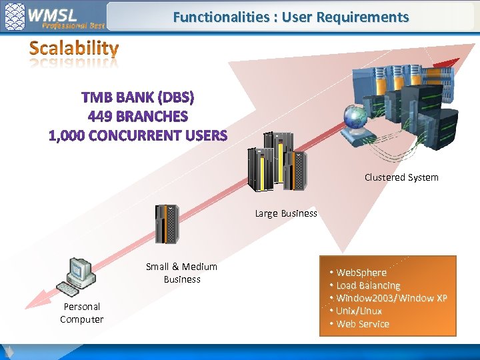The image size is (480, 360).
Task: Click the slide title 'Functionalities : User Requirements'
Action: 291,17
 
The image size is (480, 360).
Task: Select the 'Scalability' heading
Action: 74,49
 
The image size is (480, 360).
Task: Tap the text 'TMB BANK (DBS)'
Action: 138,98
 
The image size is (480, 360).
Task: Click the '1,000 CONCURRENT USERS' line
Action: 138,135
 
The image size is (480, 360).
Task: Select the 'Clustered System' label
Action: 401,177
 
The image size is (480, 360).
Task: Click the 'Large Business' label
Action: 286,214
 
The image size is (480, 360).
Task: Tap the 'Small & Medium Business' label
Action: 181,273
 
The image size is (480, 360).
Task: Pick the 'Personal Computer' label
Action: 81,313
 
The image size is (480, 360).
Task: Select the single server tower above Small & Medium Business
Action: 167,225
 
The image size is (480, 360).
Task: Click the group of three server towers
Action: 277,162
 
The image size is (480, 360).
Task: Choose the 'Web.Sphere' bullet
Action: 361,273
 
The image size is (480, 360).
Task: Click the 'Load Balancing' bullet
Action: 368,285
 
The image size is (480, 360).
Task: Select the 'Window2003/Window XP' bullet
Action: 391,298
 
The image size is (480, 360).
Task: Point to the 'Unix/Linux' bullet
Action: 359,311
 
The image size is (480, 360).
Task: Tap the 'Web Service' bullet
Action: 363,324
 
